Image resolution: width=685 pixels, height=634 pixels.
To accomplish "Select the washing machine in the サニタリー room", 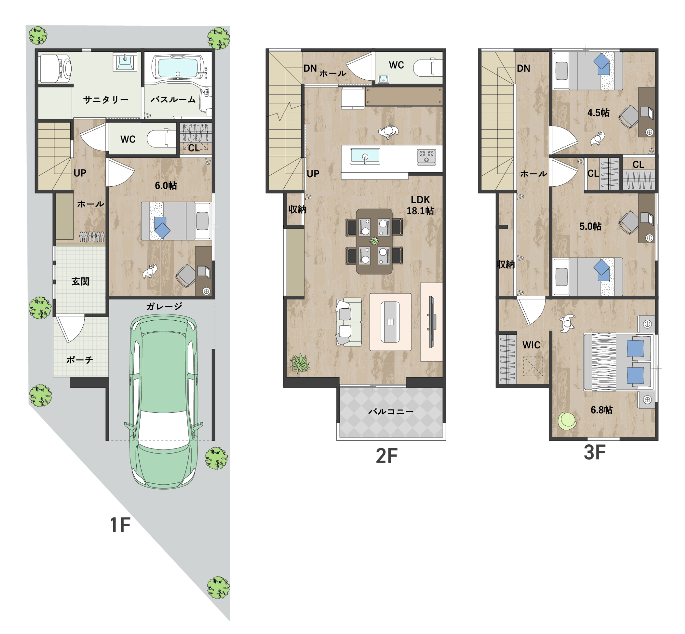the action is click(x=56, y=69).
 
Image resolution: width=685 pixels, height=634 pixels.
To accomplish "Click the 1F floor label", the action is click(x=120, y=525).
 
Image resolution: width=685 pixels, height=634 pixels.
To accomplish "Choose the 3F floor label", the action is click(x=594, y=452).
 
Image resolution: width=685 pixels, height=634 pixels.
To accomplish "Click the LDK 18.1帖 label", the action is click(x=420, y=205).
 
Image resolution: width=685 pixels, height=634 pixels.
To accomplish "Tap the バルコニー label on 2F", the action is click(x=391, y=411).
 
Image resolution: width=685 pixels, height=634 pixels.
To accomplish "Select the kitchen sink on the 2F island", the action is click(x=365, y=156).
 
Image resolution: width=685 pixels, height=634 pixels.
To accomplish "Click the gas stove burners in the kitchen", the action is click(x=426, y=157).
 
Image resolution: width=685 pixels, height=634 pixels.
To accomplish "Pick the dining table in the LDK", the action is click(x=374, y=241).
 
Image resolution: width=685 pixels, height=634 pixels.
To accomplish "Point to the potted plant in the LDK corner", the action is click(x=299, y=363).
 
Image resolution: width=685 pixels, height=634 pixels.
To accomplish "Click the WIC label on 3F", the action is click(x=531, y=345).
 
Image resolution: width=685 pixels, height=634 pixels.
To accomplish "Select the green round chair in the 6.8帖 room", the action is click(x=567, y=421).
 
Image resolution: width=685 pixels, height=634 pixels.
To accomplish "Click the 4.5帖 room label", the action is click(x=598, y=113).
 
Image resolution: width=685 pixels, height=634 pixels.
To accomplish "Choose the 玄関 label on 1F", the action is click(x=80, y=281).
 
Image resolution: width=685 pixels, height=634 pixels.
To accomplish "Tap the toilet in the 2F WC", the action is click(x=428, y=68).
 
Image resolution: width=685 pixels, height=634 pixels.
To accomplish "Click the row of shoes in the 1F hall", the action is click(x=92, y=237).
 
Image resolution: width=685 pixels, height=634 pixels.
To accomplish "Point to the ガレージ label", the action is click(x=164, y=306).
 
